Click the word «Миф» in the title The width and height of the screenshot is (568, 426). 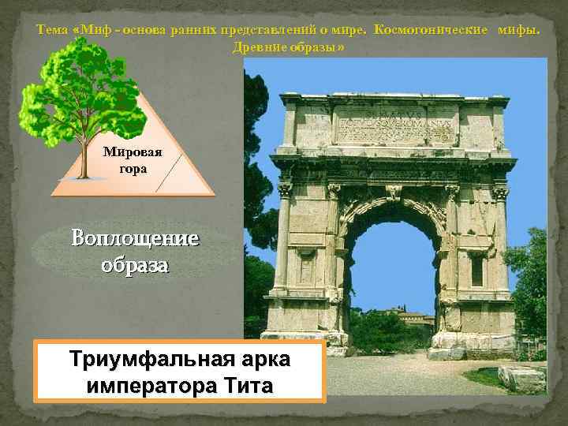97,30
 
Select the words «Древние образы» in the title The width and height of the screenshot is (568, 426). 289,47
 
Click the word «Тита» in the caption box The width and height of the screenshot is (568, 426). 245,386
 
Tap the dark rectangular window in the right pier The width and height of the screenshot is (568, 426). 476,271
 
